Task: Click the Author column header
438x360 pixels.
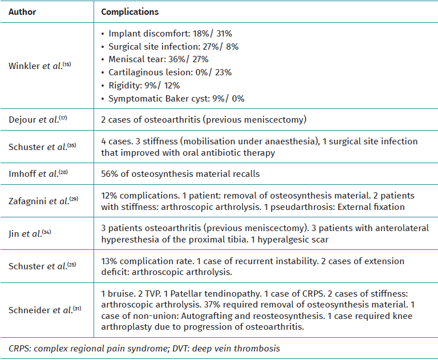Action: click(x=22, y=11)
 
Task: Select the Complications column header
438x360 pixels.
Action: click(x=130, y=11)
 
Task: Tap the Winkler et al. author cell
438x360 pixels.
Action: click(x=39, y=66)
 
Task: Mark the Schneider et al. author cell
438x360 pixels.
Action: click(x=42, y=309)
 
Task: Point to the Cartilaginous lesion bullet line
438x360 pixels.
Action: click(x=169, y=72)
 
